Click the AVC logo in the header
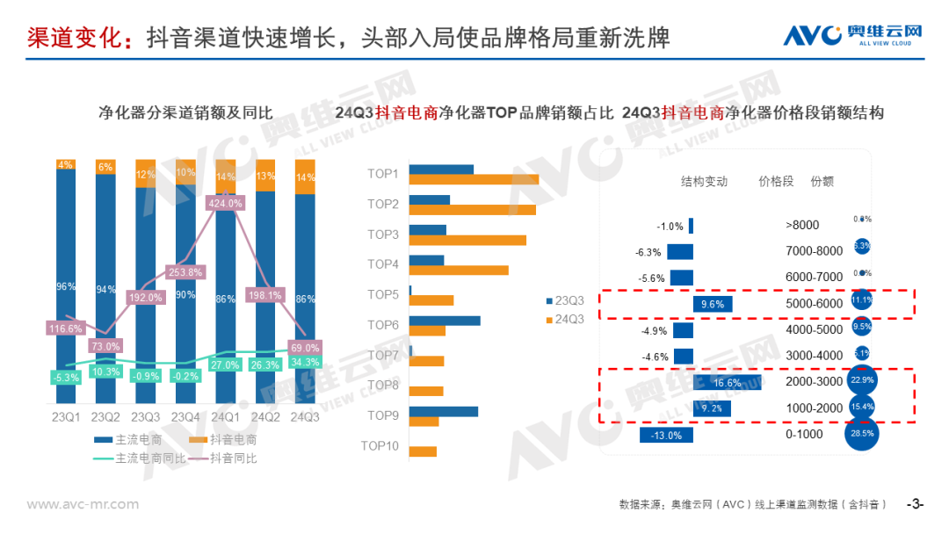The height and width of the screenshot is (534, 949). pyautogui.click(x=852, y=34)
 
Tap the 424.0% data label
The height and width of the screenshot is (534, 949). pyautogui.click(x=226, y=204)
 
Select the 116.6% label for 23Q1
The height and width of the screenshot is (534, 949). pyautogui.click(x=66, y=328)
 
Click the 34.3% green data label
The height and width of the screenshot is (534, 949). pyautogui.click(x=305, y=363)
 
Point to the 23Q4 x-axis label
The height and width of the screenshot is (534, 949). pyautogui.click(x=185, y=417)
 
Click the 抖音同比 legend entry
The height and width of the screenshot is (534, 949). pyautogui.click(x=226, y=458)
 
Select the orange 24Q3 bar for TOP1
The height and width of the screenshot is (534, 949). pyautogui.click(x=474, y=180)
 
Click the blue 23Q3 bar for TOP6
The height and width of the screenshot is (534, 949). pyautogui.click(x=445, y=321)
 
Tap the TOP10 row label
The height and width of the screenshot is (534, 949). pyautogui.click(x=380, y=446)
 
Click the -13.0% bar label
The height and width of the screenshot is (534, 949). pyautogui.click(x=666, y=436)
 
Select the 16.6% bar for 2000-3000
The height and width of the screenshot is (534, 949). pyautogui.click(x=728, y=382)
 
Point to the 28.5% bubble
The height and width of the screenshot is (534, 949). pyautogui.click(x=862, y=435)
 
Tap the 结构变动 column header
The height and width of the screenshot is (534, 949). pyautogui.click(x=704, y=182)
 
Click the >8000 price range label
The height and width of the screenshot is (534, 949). pyautogui.click(x=801, y=225)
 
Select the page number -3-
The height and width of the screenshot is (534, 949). pyautogui.click(x=916, y=504)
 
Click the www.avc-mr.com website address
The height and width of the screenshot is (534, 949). pyautogui.click(x=83, y=504)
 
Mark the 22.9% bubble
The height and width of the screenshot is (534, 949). pyautogui.click(x=862, y=382)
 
